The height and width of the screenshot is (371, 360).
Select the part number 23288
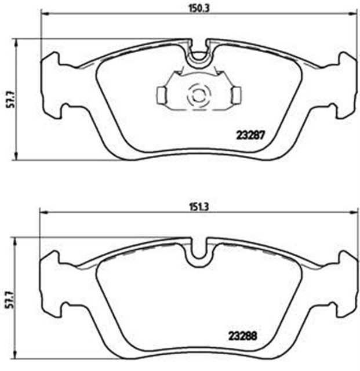coord(242,334)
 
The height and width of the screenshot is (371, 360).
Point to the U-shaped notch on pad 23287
coord(199,52)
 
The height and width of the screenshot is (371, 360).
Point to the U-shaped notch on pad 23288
coord(199,250)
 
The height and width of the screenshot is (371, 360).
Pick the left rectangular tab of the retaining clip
coord(162,94)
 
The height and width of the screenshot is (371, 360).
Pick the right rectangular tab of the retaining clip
coord(237,94)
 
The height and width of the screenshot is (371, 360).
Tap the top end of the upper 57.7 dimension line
coord(16,39)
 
